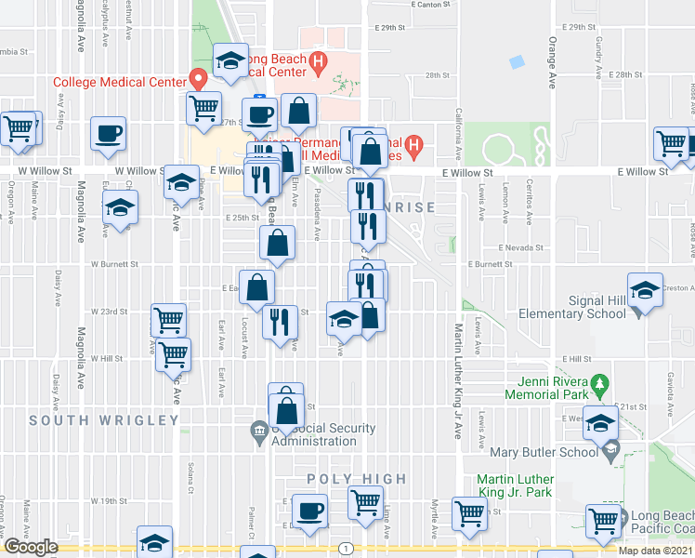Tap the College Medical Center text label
[x=120, y=82]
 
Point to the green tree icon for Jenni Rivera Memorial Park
[x=600, y=382]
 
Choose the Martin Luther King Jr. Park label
[x=515, y=485]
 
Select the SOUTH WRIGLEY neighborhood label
[x=103, y=420]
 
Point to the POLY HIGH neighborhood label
[x=357, y=479]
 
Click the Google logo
[x=31, y=547]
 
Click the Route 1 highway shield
[x=346, y=548]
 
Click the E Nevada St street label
[x=518, y=248]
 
